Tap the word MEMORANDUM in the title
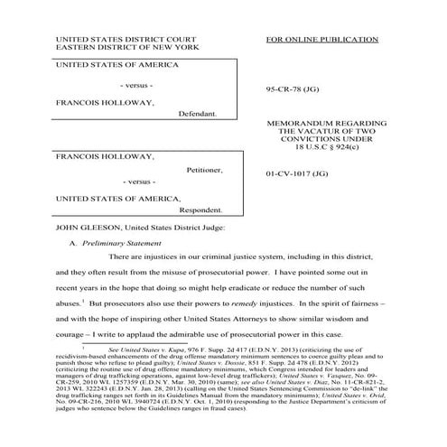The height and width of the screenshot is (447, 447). [x=297, y=119]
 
